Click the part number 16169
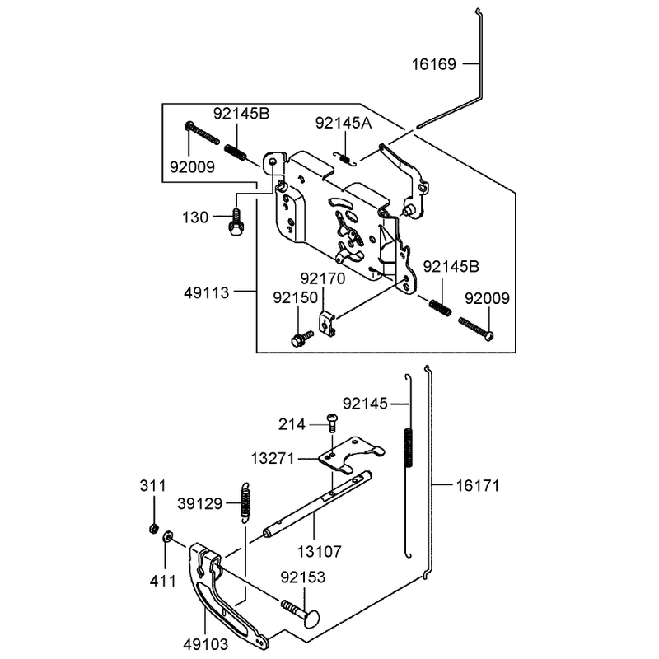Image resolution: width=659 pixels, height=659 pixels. click(434, 64)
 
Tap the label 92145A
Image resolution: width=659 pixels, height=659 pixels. click(344, 123)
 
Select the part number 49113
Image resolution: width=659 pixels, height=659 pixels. click(207, 292)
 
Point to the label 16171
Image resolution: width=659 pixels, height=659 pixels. click(478, 486)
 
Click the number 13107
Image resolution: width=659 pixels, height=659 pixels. click(320, 551)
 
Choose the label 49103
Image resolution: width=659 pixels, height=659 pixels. click(205, 644)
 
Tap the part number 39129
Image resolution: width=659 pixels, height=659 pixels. click(199, 503)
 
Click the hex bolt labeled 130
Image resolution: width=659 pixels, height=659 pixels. click(236, 222)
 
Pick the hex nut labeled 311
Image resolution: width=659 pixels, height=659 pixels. click(154, 528)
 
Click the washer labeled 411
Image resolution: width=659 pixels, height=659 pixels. click(167, 536)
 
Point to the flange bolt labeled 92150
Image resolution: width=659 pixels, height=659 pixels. click(301, 338)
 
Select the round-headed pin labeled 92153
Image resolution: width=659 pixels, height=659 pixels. click(301, 614)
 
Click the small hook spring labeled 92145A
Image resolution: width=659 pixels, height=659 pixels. click(345, 158)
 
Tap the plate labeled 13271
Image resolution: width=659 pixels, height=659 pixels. click(351, 456)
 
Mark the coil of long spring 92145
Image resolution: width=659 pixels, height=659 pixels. click(408, 447)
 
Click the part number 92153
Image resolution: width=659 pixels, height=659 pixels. click(303, 577)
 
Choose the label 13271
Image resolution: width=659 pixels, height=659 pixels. click(273, 459)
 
